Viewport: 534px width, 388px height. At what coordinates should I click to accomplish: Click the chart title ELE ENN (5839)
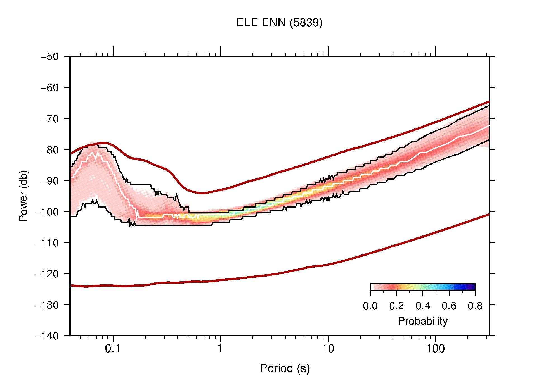pos(279,23)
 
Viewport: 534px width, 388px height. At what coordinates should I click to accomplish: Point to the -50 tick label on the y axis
pos(50,57)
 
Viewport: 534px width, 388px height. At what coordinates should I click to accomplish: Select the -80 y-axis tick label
pos(50,150)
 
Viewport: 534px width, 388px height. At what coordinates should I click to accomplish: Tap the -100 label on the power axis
pos(47,212)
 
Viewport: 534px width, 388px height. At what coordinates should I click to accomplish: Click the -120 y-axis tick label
pos(47,274)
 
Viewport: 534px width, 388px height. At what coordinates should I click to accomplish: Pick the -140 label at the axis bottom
pos(47,336)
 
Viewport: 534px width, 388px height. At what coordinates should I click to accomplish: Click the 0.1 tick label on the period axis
pos(112,349)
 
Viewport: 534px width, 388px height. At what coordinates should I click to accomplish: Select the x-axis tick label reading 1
pos(220,349)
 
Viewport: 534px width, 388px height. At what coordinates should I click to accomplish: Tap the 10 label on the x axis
pos(328,349)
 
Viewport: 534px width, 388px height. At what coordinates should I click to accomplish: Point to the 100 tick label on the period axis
pos(435,349)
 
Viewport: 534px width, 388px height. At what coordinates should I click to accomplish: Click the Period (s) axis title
pos(285,368)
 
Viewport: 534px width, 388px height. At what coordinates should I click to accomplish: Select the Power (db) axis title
pos(23,196)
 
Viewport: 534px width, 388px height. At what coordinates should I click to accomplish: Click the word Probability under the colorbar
pos(422,321)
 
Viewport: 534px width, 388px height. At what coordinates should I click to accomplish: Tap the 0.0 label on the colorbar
pos(370,306)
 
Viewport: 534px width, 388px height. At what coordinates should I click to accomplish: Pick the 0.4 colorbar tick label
pos(423,306)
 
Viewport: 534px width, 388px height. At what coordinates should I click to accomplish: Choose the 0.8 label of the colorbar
pos(475,306)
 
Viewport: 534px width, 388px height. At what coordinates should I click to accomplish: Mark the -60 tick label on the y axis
pos(50,88)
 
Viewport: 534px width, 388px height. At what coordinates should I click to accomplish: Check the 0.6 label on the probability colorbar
pos(449,306)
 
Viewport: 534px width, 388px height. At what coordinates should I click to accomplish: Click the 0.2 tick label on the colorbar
pos(396,306)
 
